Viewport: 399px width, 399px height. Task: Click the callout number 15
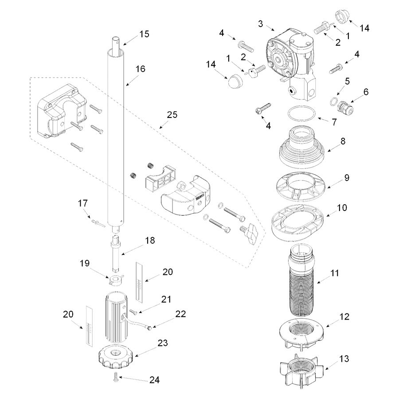(x=144, y=34)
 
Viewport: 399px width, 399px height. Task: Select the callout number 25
(x=172, y=115)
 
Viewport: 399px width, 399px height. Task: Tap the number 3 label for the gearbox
(x=261, y=23)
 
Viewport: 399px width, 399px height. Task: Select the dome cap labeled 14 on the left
(x=234, y=82)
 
